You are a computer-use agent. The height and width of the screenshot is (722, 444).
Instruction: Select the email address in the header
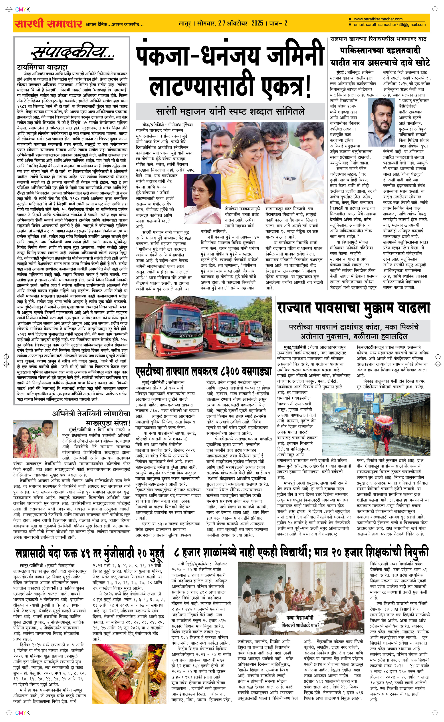click(x=390, y=25)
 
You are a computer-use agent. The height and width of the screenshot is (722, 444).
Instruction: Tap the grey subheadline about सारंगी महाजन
click(x=230, y=111)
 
